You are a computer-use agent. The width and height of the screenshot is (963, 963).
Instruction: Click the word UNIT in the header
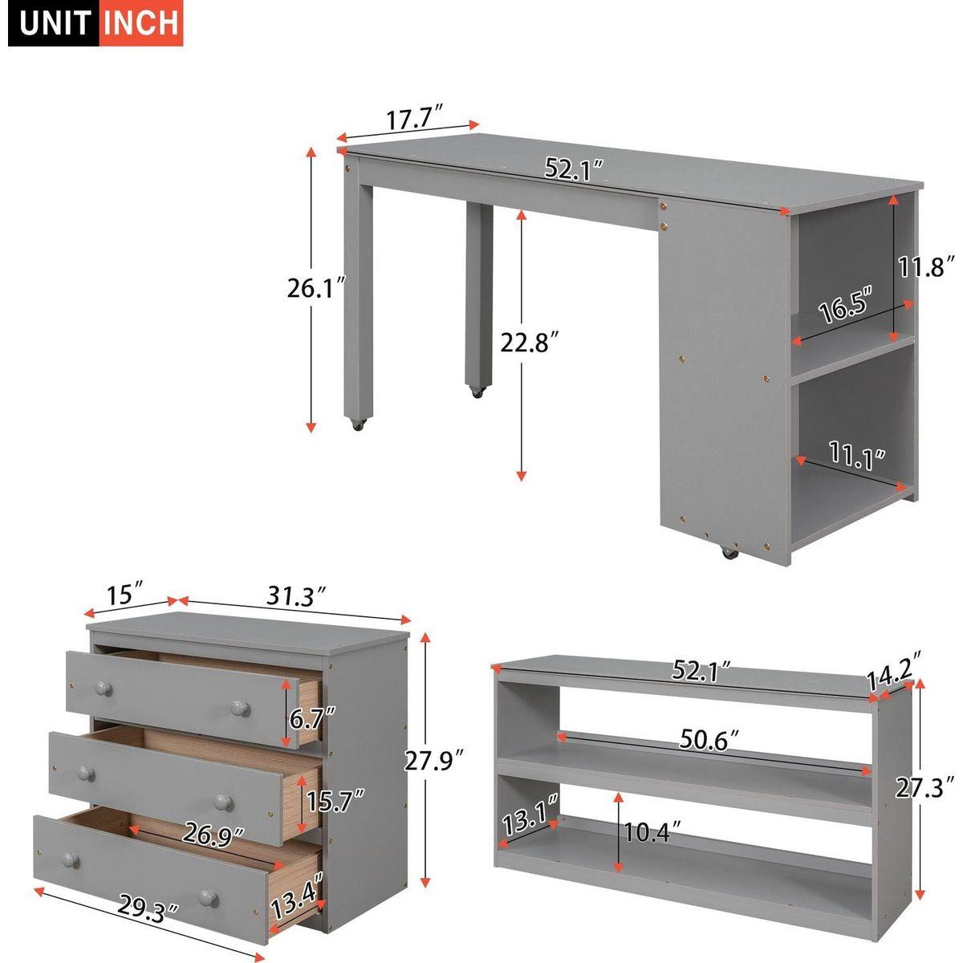click(x=52, y=22)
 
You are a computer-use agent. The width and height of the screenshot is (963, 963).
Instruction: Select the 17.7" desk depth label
click(x=415, y=120)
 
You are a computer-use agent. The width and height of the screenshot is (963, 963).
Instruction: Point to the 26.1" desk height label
click(x=316, y=287)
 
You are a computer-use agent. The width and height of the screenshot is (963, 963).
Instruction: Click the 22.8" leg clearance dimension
click(x=529, y=343)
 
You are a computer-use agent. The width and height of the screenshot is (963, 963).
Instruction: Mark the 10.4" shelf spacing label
click(x=647, y=832)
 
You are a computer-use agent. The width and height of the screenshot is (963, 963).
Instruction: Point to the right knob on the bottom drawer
click(x=208, y=896)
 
